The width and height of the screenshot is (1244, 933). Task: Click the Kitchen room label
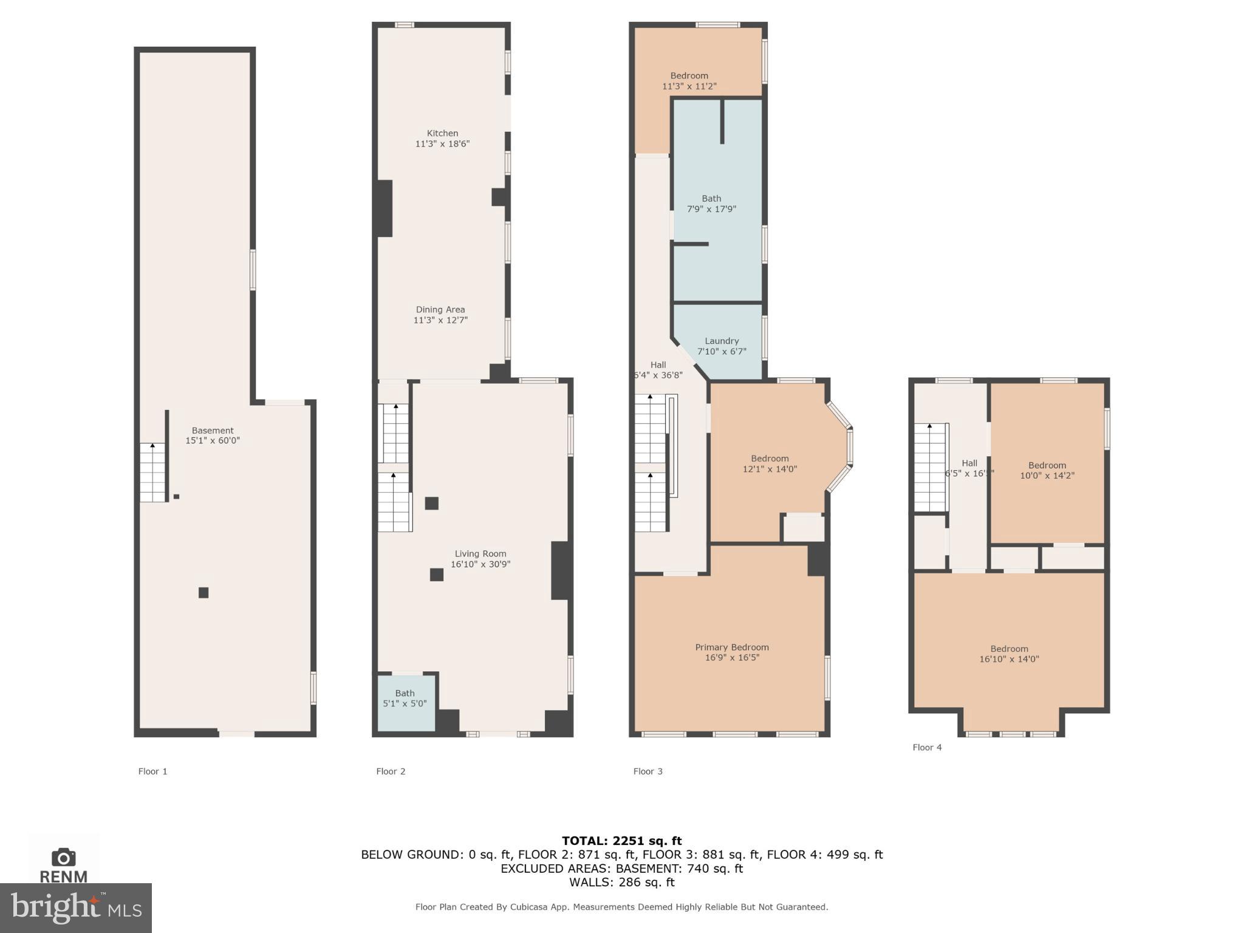point(442,133)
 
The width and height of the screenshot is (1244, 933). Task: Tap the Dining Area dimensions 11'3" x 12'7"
point(440,320)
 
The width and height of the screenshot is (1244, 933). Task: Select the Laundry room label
point(722,341)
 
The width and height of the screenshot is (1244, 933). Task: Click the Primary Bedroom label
point(732,647)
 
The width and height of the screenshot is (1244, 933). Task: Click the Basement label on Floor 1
point(213,430)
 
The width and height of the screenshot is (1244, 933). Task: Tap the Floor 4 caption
point(927,747)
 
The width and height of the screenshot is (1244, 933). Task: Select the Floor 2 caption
point(391,771)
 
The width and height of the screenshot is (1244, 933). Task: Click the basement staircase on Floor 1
point(152,473)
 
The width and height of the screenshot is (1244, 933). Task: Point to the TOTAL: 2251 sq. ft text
point(621,841)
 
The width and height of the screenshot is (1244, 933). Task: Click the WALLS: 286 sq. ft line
point(621,882)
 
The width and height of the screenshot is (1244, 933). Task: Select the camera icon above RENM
point(64,857)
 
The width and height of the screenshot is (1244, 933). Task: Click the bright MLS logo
point(75,908)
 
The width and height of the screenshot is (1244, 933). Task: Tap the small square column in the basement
point(203,593)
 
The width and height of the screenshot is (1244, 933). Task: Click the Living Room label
point(480,553)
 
